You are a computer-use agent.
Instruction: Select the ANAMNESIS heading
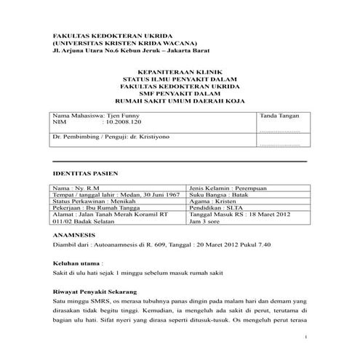coord(74,236)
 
